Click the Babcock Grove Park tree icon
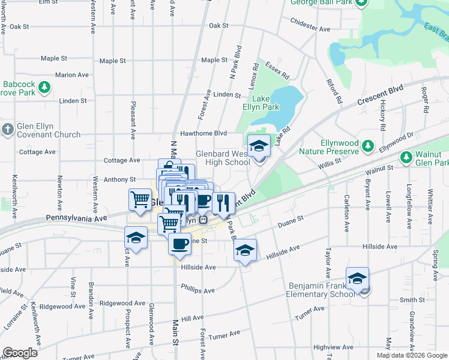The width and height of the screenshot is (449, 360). pyautogui.click(x=44, y=88)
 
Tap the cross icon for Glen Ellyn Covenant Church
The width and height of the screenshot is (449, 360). pyautogui.click(x=7, y=130)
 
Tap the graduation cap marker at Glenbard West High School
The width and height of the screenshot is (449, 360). pyautogui.click(x=259, y=146)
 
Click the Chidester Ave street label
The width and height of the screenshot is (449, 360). pyautogui.click(x=310, y=29)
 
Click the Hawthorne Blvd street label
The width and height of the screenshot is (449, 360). pyautogui.click(x=203, y=133)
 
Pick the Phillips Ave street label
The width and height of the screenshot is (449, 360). pyautogui.click(x=197, y=290)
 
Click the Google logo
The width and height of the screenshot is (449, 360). pyautogui.click(x=20, y=353)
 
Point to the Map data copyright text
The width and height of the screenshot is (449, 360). pyautogui.click(x=412, y=355)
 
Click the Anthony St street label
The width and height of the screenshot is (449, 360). pyautogui.click(x=120, y=179)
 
